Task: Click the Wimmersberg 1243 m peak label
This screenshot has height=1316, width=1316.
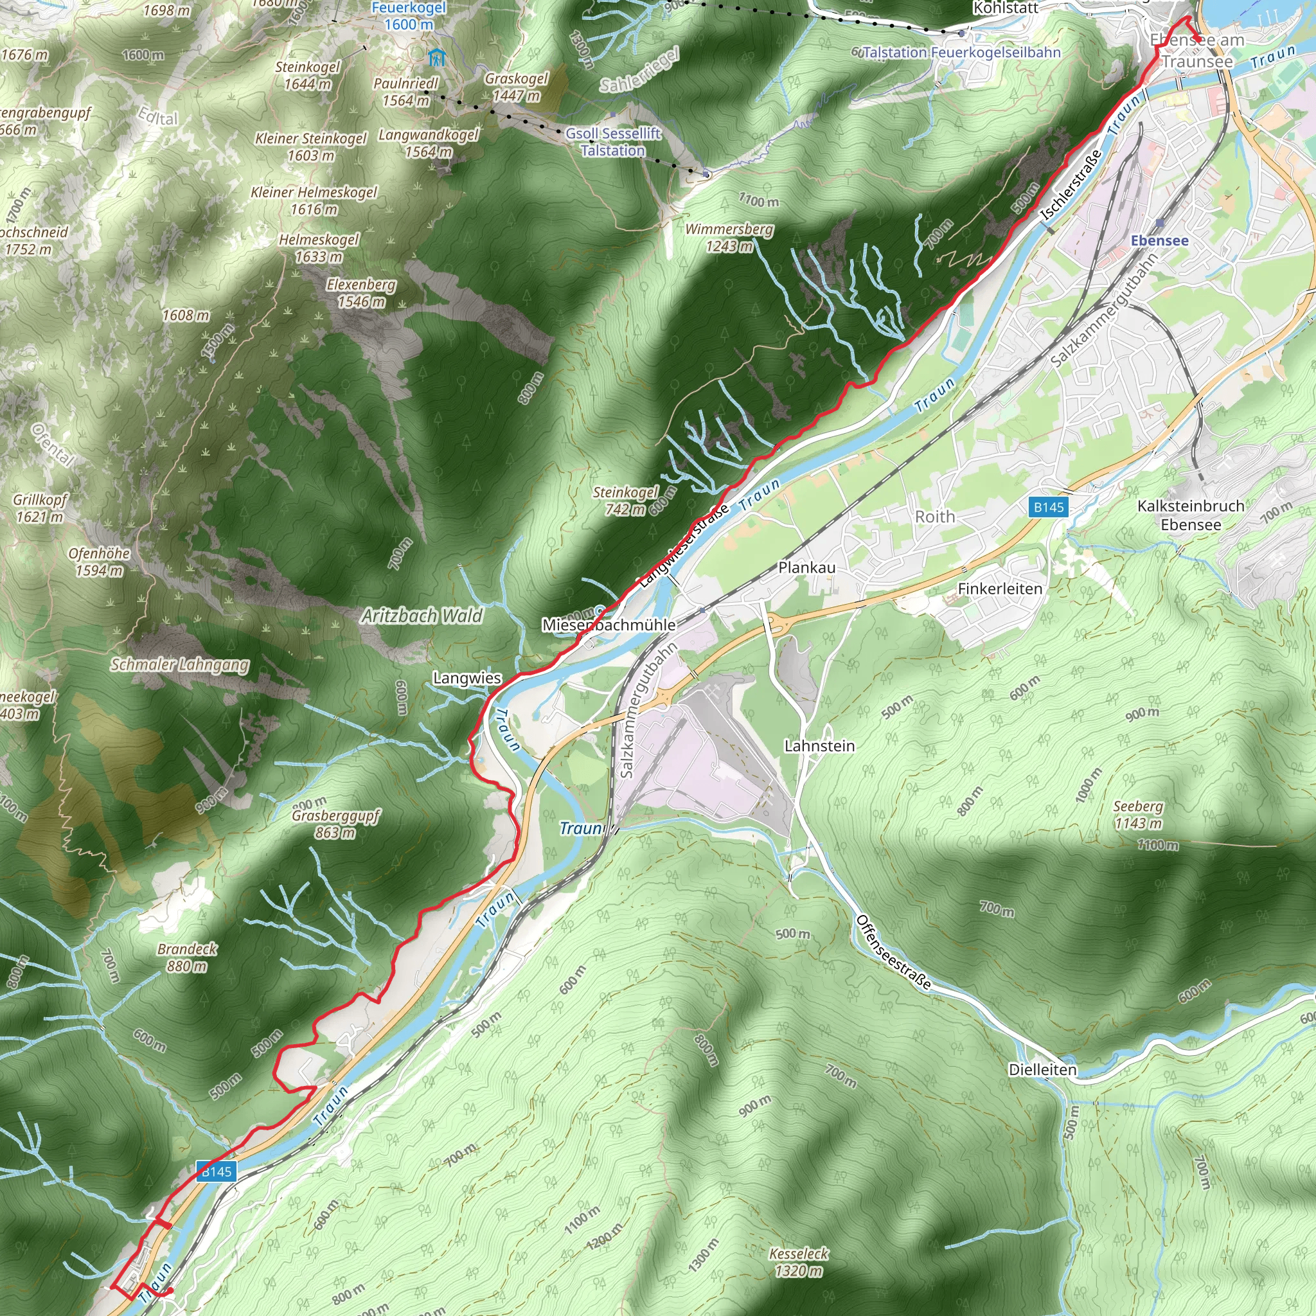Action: pos(729,238)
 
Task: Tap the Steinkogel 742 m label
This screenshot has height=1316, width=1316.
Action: pos(625,501)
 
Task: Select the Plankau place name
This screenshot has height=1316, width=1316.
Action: pos(806,567)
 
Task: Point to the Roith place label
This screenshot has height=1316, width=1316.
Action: pos(934,517)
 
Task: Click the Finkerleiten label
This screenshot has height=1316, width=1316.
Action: pos(999,589)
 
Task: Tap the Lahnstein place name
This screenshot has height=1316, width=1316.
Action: pos(819,746)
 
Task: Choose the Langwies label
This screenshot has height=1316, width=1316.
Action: pos(467,679)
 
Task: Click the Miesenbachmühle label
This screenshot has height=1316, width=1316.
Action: pos(609,625)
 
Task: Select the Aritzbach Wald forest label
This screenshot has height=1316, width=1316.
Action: pos(422,616)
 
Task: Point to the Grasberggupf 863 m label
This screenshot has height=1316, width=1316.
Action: pos(335,824)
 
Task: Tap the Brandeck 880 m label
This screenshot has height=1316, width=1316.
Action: pos(186,957)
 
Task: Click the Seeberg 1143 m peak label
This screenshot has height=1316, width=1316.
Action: pos(1137,815)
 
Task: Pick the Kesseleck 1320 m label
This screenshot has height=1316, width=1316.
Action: pos(798,1262)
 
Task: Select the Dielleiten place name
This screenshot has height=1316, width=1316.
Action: pos(1042,1069)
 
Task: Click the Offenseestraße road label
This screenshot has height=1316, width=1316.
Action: pos(893,951)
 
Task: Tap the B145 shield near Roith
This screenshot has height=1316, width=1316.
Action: pos(1048,507)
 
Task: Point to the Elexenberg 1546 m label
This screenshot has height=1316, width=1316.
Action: pos(361,293)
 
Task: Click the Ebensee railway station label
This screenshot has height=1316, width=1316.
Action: pos(1159,240)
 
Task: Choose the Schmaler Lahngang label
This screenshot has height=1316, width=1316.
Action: pos(180,664)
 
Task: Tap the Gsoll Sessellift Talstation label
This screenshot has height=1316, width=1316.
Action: pos(613,141)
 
